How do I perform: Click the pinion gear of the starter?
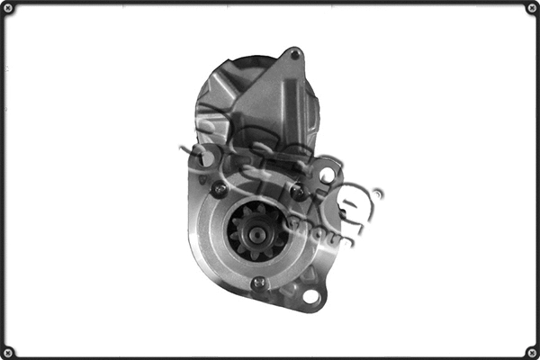(x=256, y=231)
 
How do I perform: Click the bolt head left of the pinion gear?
(x=217, y=189)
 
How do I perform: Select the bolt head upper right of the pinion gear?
(x=296, y=192)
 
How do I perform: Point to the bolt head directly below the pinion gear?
(x=258, y=283)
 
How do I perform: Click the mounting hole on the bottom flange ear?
(x=310, y=296)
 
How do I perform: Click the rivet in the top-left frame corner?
(x=8, y=9)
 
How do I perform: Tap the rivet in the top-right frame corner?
(x=531, y=9)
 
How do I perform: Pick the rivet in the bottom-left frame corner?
(x=8, y=351)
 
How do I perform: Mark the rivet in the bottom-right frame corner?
(x=531, y=351)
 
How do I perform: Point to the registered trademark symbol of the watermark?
(x=378, y=192)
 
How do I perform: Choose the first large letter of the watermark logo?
(x=209, y=144)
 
